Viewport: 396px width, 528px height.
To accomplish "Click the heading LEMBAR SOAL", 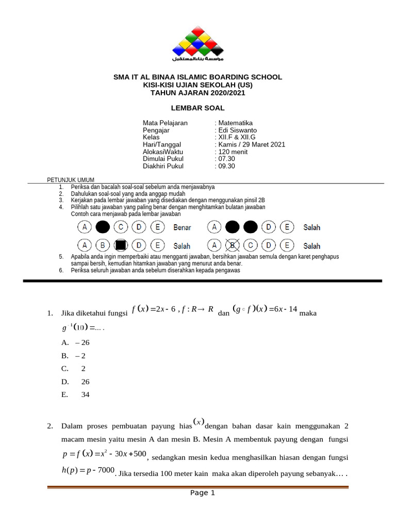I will [x=197, y=108].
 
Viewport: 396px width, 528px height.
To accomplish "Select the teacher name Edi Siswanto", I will [x=237, y=130].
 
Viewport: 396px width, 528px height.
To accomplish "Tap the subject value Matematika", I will [x=235, y=123].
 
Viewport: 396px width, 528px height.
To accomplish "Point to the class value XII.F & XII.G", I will [x=237, y=138].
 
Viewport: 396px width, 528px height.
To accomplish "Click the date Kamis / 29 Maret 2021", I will [x=251, y=145].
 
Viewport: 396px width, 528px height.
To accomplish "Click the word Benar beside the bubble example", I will [x=182, y=227].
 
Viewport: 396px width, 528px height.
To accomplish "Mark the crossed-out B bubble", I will [x=233, y=245].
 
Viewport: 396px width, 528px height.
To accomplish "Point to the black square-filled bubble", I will [x=121, y=245].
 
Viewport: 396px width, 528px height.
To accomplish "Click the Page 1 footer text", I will [x=202, y=493].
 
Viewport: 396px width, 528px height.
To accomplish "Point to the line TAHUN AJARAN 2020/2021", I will [x=197, y=93].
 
